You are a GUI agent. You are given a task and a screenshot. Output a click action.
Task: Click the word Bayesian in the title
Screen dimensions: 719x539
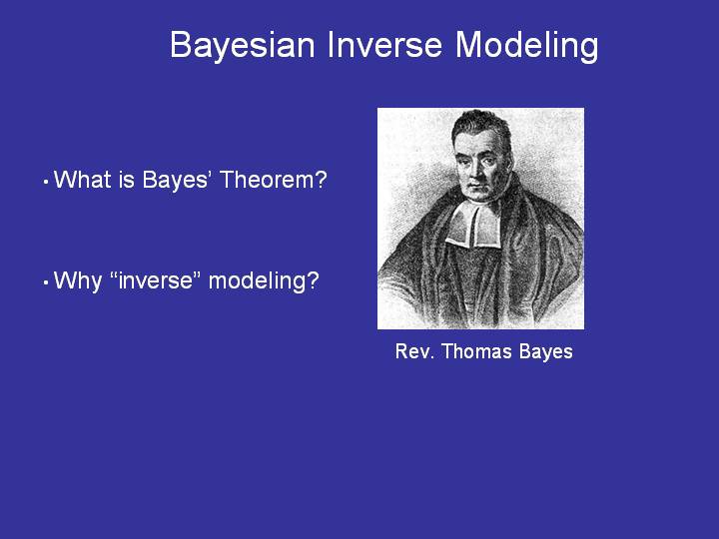(242, 46)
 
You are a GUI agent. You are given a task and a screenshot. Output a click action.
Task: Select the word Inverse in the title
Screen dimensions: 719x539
(384, 45)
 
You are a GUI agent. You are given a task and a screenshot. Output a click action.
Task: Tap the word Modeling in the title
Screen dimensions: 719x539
(527, 46)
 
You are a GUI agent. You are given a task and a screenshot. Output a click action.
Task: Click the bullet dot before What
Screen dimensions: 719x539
(46, 182)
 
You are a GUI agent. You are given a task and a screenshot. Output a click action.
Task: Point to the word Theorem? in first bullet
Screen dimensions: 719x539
(274, 180)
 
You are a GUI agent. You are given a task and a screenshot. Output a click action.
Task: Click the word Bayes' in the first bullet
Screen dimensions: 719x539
(176, 180)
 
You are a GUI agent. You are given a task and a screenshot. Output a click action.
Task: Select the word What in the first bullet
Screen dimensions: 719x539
(83, 180)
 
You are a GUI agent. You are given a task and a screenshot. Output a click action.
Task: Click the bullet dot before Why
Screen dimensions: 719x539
(46, 282)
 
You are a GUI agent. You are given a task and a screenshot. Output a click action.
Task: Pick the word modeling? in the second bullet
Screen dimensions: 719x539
(264, 280)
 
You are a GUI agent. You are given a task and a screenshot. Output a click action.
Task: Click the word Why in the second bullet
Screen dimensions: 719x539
(78, 281)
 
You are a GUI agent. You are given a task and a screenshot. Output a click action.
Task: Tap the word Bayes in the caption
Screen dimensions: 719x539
(546, 352)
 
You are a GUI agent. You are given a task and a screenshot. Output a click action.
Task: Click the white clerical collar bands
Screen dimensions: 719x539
(473, 225)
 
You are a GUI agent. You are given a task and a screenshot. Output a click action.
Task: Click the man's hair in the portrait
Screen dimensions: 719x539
(481, 126)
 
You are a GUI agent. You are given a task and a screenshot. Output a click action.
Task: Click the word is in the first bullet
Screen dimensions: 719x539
(126, 180)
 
